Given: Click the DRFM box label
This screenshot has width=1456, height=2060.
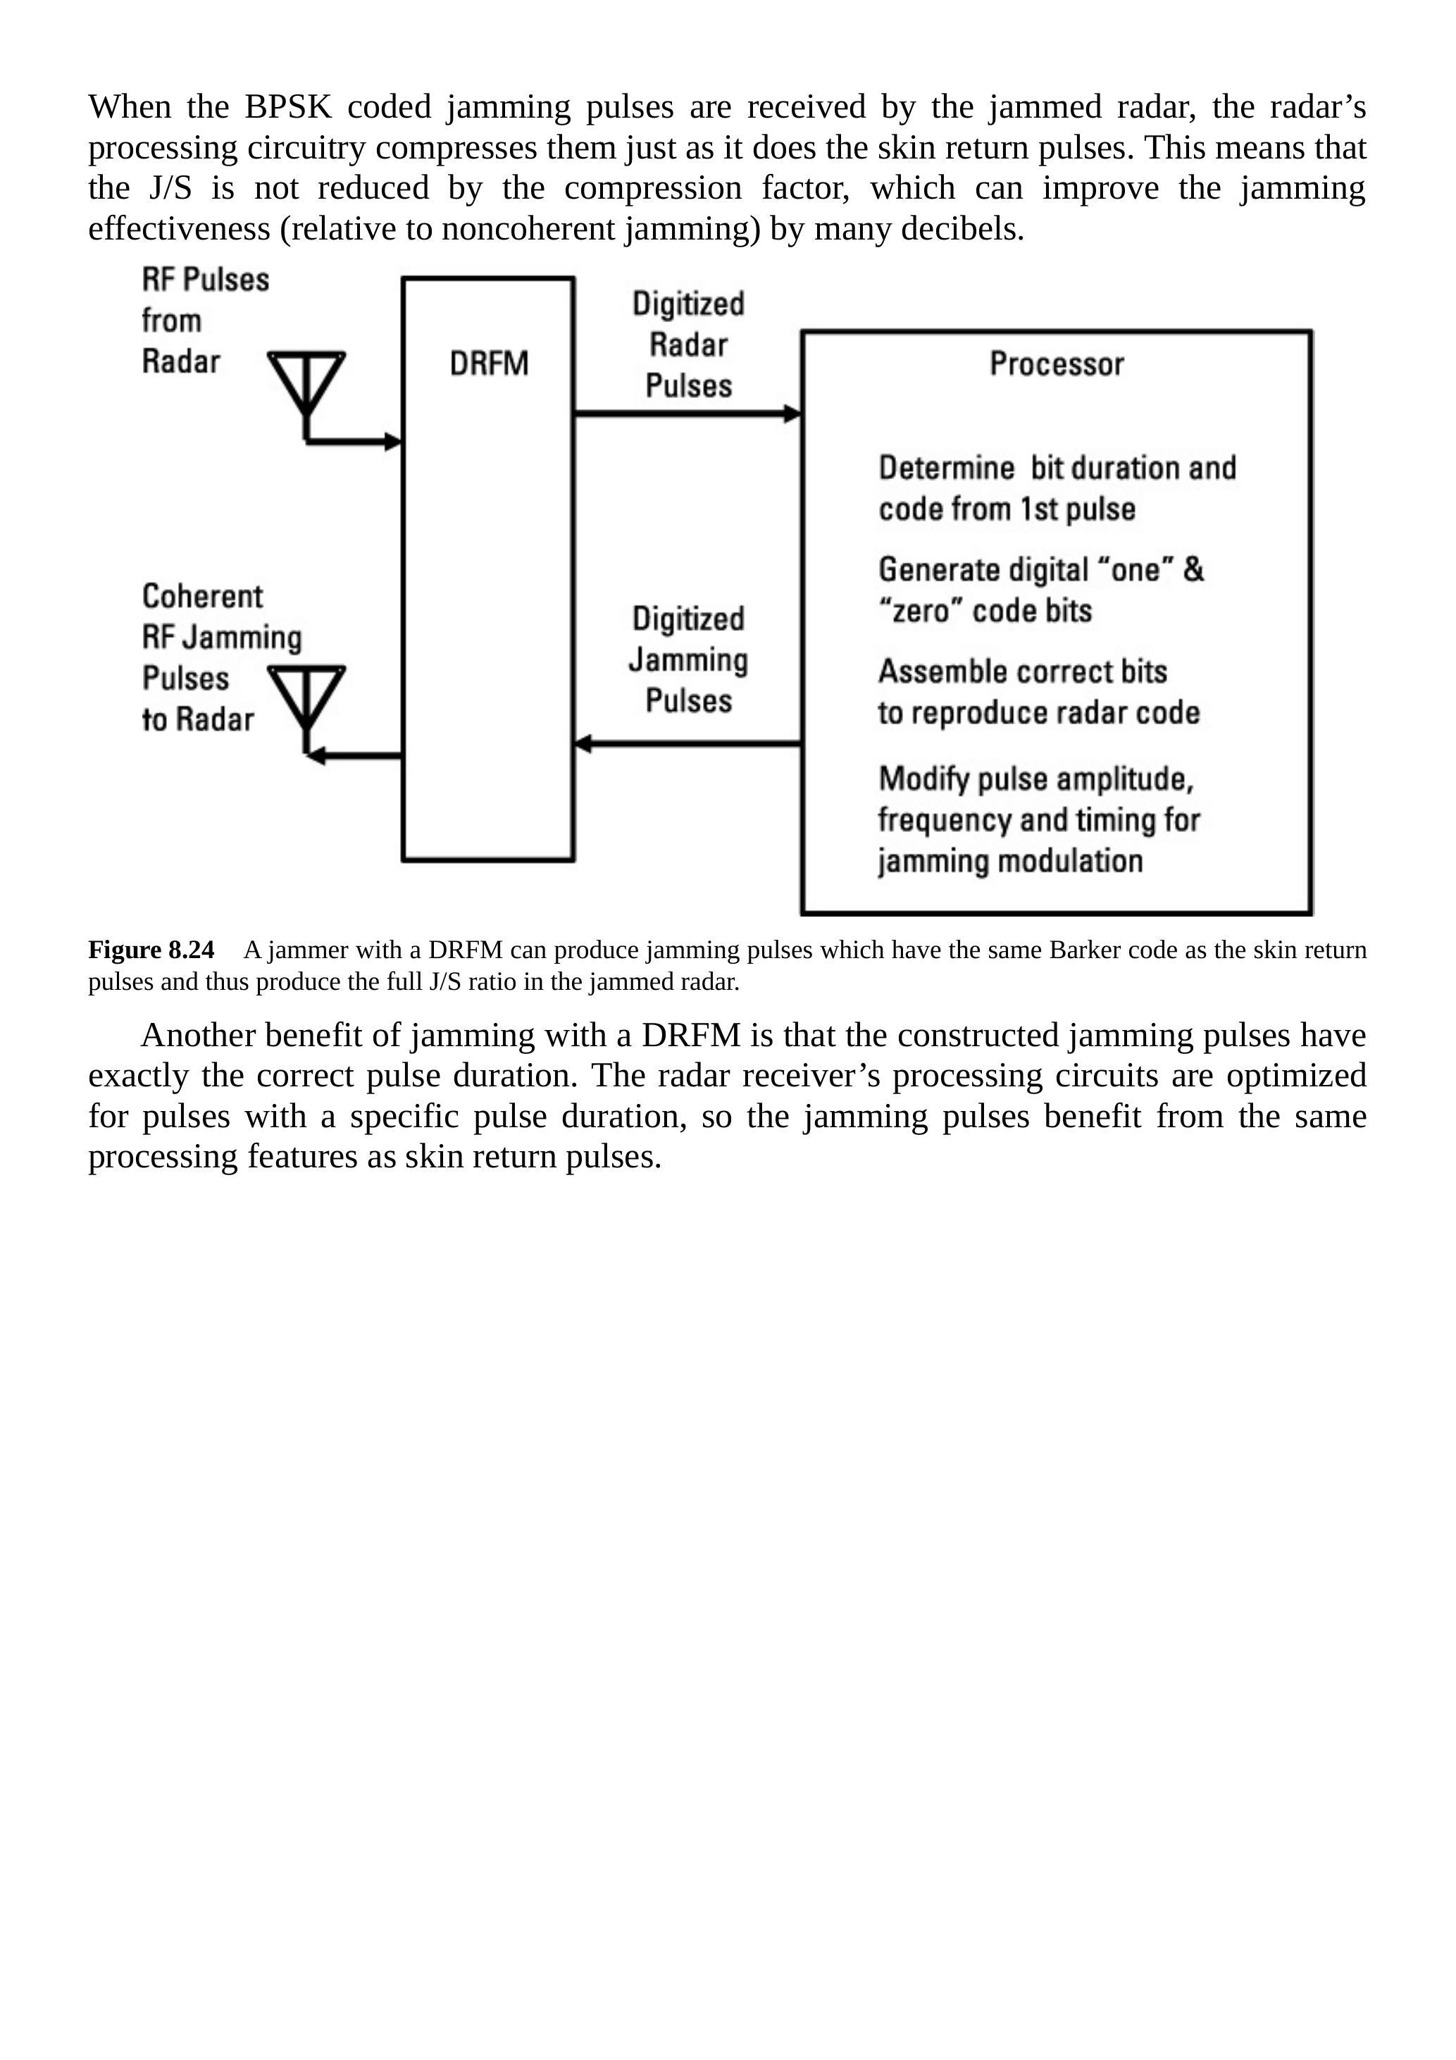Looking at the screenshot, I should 488,364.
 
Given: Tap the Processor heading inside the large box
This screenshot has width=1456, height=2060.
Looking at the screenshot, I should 1056,364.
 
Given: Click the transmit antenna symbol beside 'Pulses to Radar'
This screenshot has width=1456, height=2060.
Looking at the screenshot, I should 306,696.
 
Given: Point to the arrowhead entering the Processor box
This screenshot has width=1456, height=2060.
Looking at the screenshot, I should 792,414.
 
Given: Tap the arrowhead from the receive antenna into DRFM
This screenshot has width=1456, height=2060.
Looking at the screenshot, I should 393,442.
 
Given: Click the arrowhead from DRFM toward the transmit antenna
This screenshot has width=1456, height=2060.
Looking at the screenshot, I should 316,757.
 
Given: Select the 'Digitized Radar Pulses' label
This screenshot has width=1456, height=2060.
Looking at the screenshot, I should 688,345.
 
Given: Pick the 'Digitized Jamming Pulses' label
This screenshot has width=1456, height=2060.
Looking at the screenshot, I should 688,659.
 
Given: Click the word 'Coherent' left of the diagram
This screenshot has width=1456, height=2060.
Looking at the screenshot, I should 203,597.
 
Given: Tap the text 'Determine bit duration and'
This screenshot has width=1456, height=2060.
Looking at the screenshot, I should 1057,469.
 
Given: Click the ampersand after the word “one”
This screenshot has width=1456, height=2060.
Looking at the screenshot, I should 1193,570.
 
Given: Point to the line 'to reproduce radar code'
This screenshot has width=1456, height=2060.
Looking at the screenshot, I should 1038,713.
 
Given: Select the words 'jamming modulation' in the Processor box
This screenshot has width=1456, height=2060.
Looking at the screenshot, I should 1010,862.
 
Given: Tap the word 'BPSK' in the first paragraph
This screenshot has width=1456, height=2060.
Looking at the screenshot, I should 288,107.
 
